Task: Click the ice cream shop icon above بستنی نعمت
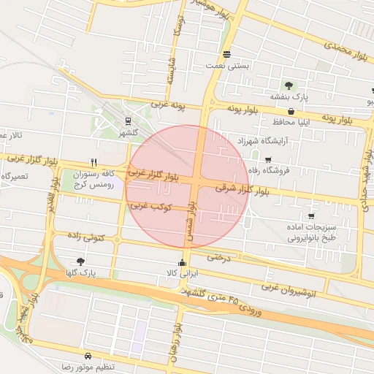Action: tap(227, 55)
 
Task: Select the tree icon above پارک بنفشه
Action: tap(289, 85)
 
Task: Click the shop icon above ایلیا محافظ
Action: tap(291, 111)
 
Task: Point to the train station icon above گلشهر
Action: tap(128, 121)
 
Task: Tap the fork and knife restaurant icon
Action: tap(93, 162)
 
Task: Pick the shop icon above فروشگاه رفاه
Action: tap(268, 159)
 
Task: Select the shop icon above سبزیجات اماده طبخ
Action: tap(312, 216)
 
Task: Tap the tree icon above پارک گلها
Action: tap(80, 261)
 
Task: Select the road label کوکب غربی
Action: tap(150, 208)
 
